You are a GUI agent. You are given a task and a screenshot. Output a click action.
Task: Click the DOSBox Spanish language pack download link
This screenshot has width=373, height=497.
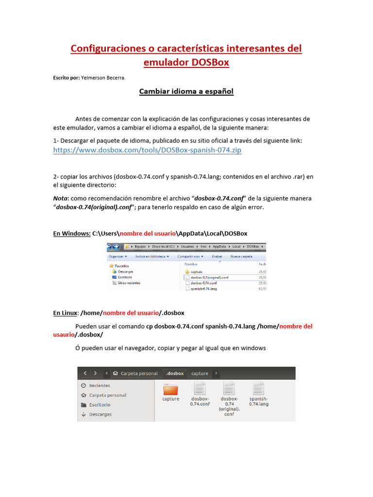tap(147, 150)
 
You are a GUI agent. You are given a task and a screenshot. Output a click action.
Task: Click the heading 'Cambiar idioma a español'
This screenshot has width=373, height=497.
tap(186, 91)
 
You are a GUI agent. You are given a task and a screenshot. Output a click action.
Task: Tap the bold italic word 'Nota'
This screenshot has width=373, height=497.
tap(60, 199)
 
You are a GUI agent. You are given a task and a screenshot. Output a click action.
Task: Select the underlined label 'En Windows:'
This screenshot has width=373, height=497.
tap(71, 233)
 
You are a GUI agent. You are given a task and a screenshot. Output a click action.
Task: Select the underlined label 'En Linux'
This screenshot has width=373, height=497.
tap(65, 313)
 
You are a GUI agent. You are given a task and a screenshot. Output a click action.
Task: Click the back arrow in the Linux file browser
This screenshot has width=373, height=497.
tap(85, 373)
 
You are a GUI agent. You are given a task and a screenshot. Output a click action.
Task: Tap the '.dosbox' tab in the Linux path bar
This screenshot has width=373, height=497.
tap(175, 373)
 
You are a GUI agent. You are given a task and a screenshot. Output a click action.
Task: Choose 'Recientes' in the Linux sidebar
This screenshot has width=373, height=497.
tap(100, 385)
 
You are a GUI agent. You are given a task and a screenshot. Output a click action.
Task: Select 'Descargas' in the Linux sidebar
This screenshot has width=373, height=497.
tap(100, 414)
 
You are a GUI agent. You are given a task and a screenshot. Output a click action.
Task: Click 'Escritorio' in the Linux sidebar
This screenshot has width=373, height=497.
tap(100, 405)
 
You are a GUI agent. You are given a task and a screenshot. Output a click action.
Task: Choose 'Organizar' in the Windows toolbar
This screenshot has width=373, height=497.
tap(118, 256)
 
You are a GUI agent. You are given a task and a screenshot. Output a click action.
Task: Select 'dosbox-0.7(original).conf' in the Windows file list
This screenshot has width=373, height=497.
tap(209, 277)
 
